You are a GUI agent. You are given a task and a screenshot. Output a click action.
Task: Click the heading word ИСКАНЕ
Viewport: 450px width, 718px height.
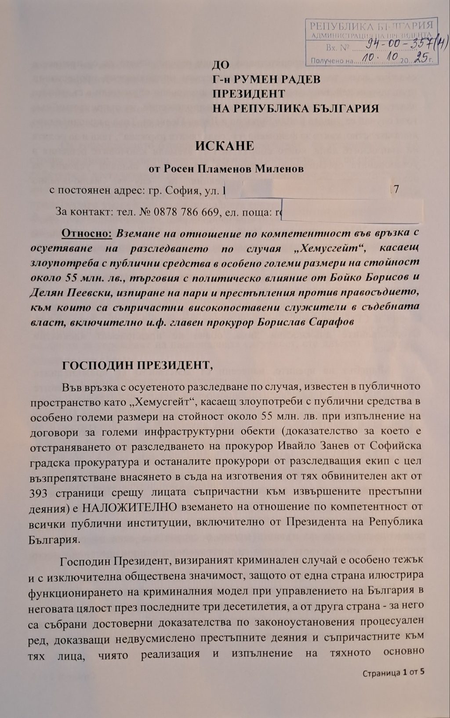point(225,146)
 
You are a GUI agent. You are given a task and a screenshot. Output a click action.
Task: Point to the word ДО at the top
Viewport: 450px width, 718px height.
point(221,66)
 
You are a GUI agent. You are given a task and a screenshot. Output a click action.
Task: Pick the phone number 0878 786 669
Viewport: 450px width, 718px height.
point(186,212)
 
